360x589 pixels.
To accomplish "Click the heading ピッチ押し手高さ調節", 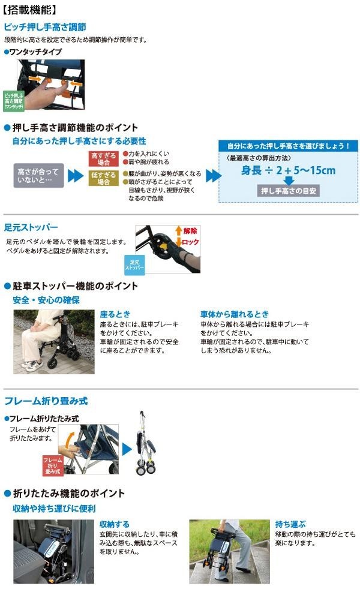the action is tap(45, 27).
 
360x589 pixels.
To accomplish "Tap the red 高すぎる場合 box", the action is tap(104, 158).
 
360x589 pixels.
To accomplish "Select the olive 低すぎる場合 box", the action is tap(104, 178).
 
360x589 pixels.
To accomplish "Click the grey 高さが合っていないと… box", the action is tap(38, 175).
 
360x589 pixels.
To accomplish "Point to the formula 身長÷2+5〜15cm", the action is tap(288, 170).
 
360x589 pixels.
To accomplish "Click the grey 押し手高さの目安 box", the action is tap(288, 191).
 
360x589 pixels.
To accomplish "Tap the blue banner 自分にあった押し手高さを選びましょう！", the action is tap(288, 146).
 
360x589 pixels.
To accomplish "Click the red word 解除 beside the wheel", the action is tap(190, 231).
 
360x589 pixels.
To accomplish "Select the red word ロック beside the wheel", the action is tap(190, 242).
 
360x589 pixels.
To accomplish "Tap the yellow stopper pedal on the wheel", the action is tap(164, 247).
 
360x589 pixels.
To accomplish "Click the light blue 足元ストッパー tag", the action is tap(134, 265).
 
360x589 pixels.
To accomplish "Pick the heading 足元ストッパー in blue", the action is tap(31, 227).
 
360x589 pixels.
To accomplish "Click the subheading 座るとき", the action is tap(115, 314).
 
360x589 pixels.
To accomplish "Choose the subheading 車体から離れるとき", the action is tap(235, 314).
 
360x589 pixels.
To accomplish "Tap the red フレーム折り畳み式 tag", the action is tap(53, 465).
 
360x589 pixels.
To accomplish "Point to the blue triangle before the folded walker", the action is tap(127, 449).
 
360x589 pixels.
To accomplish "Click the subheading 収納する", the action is tap(114, 524).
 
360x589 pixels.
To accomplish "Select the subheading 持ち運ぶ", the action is tap(290, 524).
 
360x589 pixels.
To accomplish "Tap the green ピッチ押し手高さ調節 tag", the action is tap(14, 101).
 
